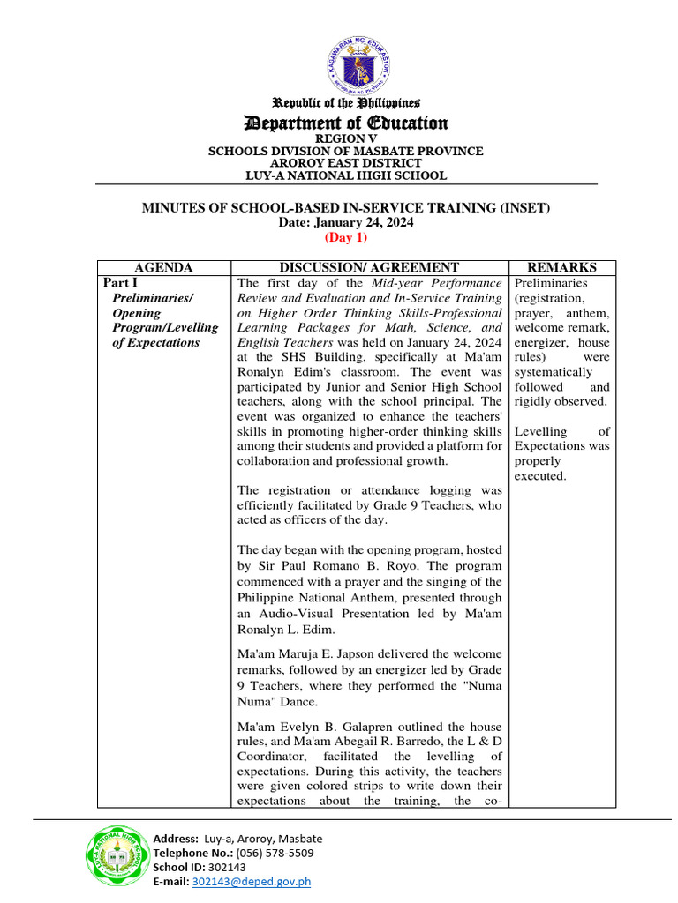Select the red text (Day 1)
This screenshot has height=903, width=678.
345,237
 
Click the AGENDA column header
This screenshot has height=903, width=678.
163,267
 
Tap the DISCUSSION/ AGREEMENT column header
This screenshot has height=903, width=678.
369,267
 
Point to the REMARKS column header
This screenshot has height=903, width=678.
561,267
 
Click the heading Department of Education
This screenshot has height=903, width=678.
345,123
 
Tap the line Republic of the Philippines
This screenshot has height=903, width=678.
345,103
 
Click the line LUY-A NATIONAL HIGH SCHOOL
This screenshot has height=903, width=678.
345,175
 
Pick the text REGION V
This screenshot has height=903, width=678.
345,139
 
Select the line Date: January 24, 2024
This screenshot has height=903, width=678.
345,223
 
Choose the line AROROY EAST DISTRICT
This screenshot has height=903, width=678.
345,163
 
